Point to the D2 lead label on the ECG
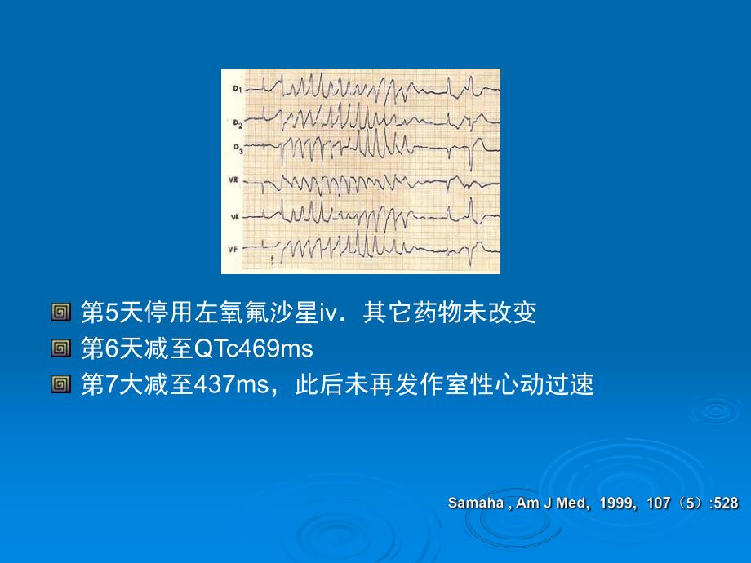pyautogui.click(x=237, y=123)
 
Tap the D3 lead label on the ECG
pyautogui.click(x=237, y=149)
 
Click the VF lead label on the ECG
pyautogui.click(x=233, y=248)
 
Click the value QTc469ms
pyautogui.click(x=254, y=349)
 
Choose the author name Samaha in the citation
pyautogui.click(x=477, y=503)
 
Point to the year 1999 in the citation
pyautogui.click(x=616, y=503)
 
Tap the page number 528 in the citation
pyautogui.click(x=726, y=503)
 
